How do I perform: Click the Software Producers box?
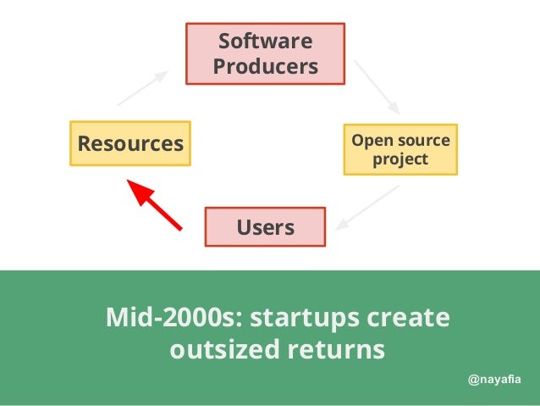tap(265, 53)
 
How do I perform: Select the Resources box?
tap(130, 143)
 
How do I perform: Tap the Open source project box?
tap(400, 149)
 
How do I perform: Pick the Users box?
tap(265, 227)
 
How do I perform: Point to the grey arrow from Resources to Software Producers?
tap(141, 87)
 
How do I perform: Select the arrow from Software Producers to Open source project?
tap(377, 87)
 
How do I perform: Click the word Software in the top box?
tap(265, 42)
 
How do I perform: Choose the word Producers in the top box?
tap(265, 66)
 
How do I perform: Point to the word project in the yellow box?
tap(400, 159)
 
